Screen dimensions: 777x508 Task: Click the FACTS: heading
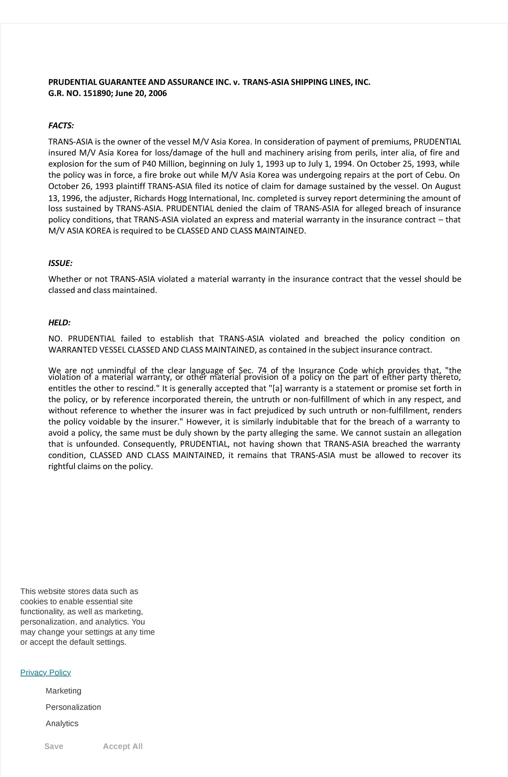(x=61, y=126)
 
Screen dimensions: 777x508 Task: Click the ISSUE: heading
(x=60, y=263)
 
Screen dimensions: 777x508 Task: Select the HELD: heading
(x=59, y=323)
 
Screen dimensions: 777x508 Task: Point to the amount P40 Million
(x=162, y=164)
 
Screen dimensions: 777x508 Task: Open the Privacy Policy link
(x=45, y=672)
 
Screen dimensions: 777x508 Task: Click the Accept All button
(x=123, y=746)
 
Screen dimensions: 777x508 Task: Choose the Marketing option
(x=63, y=691)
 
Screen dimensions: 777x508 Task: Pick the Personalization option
(x=73, y=707)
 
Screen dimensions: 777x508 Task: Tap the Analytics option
(x=62, y=723)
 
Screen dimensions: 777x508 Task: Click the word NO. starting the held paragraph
(x=55, y=339)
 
